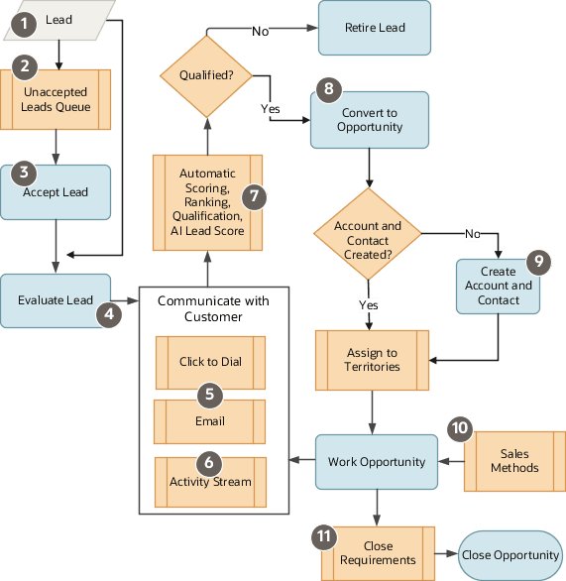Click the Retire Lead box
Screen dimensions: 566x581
coord(375,28)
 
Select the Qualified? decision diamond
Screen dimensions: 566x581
coord(206,76)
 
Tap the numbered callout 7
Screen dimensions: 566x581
coord(254,196)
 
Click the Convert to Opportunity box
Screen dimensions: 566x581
coord(370,120)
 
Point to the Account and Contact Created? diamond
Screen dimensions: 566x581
coord(368,234)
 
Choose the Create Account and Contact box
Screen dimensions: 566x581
coord(498,287)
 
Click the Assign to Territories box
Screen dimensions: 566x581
coord(373,361)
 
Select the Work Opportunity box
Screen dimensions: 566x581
coord(377,462)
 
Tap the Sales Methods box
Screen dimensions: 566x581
coord(514,462)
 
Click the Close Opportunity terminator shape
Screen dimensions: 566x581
coord(510,555)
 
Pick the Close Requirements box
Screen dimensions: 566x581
coord(379,553)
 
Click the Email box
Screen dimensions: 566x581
coord(210,421)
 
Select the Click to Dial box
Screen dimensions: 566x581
coord(210,363)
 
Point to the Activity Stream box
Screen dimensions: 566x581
coord(210,482)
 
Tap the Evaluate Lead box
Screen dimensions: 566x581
coord(56,300)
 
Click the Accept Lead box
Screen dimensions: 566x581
coord(56,192)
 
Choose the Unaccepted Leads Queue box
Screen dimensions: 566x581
coord(56,100)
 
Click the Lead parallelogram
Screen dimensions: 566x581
coord(59,21)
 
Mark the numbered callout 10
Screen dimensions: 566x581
coord(460,429)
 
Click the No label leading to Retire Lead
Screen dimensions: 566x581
coord(261,32)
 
